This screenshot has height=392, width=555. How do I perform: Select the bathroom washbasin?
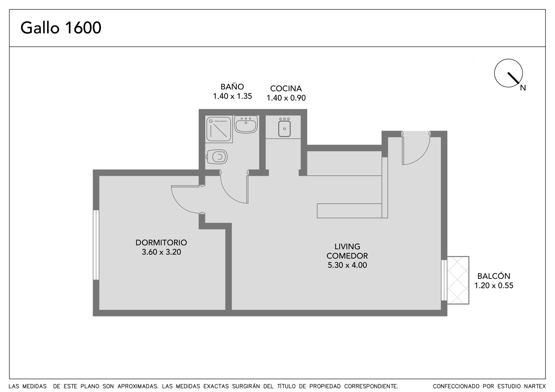click(246, 124)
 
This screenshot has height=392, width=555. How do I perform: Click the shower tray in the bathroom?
click(219, 129)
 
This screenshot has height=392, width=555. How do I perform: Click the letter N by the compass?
click(523, 88)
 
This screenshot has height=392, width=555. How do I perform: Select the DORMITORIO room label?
click(161, 242)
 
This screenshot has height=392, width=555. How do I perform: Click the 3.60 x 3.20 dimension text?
click(161, 252)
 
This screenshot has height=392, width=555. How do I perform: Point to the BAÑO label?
click(232, 86)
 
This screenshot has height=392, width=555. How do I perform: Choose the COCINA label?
click(286, 88)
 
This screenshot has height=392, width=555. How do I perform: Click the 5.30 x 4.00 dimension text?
click(347, 265)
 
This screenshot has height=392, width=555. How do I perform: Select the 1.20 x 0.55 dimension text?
click(494, 286)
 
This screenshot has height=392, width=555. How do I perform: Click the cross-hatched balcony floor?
click(458, 280)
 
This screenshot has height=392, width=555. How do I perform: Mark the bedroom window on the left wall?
click(96, 245)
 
